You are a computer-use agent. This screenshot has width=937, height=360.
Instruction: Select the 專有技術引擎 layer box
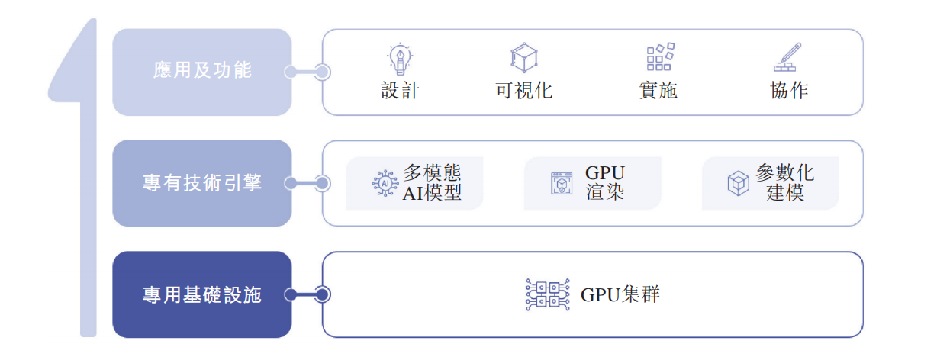202,183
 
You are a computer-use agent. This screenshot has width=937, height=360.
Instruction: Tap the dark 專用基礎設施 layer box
202,294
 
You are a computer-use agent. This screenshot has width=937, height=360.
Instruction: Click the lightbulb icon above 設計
400,57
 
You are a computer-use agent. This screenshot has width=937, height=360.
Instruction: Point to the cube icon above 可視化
523,57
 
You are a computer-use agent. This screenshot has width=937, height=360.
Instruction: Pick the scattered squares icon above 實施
659,57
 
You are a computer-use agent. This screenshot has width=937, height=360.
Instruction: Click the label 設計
401,91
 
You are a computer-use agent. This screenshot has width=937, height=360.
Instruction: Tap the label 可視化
523,91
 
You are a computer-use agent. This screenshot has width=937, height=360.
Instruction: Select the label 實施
658,91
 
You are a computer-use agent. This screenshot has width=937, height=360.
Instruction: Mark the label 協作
790,91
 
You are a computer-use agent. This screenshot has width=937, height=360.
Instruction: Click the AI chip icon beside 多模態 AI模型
385,184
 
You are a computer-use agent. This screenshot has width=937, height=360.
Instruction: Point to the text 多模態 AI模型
433,182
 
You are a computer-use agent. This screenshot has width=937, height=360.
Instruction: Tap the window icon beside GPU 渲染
562,184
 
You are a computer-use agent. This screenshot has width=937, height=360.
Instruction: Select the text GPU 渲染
605,182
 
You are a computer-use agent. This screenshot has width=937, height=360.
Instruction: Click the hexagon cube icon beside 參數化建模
738,184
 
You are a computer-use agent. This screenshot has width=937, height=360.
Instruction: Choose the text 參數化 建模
785,182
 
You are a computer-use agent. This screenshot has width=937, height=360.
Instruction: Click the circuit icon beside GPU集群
547,294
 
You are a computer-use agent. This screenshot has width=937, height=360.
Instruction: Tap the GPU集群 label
620,294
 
